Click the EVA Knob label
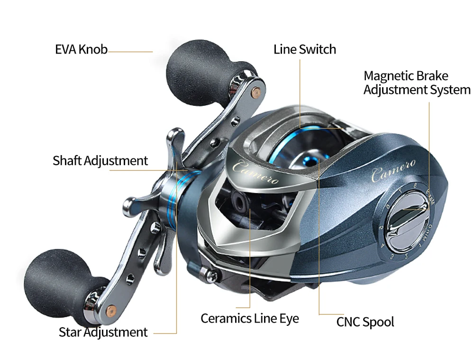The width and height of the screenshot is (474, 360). tap(81, 49)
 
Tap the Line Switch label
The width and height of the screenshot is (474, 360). tap(304, 49)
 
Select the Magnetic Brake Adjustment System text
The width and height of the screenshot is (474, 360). tap(417, 83)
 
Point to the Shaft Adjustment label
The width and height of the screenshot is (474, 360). tap(100, 161)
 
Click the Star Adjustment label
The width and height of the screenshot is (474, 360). tap(103, 332)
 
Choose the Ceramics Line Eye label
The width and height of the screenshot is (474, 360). tap(249, 318)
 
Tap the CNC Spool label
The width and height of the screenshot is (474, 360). tap(365, 322)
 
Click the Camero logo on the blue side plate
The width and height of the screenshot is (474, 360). tap(393, 170)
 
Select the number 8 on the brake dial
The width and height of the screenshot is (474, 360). tap(415, 186)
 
